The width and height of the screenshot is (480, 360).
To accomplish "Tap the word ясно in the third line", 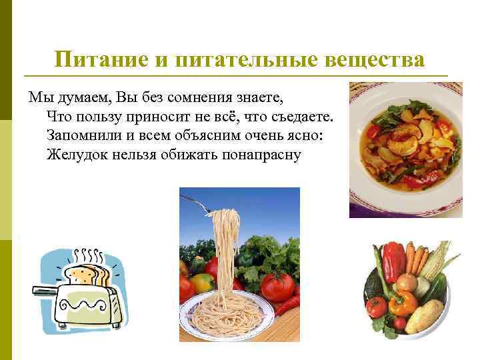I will [x=306, y=135].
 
